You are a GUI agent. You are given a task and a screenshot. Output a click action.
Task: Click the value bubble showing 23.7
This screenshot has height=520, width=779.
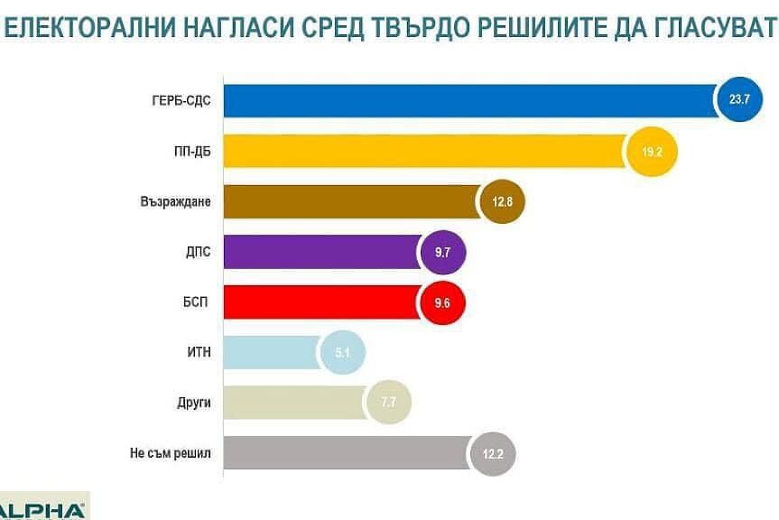(739, 100)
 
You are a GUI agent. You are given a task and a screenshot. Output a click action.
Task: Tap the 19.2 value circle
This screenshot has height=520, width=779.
(653, 151)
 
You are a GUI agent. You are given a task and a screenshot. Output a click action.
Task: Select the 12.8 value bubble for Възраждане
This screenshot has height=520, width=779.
(502, 201)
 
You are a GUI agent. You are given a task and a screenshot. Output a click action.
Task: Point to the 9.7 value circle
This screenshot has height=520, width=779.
(442, 252)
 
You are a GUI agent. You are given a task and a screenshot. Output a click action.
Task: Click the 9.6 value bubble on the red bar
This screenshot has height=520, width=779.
(442, 302)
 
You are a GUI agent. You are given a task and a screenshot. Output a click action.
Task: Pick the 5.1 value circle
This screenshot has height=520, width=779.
(343, 353)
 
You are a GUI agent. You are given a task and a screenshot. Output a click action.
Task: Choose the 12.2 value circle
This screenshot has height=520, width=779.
(493, 454)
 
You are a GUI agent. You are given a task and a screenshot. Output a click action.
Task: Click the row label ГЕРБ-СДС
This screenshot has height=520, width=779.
(181, 99)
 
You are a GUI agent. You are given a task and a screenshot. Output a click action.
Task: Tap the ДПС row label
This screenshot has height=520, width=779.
(197, 251)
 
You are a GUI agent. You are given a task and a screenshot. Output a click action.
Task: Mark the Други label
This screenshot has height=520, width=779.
(194, 403)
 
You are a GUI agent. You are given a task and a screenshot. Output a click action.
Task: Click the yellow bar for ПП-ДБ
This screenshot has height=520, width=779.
(424, 151)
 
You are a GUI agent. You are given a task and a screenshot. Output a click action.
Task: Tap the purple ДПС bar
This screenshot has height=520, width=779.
(320, 252)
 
